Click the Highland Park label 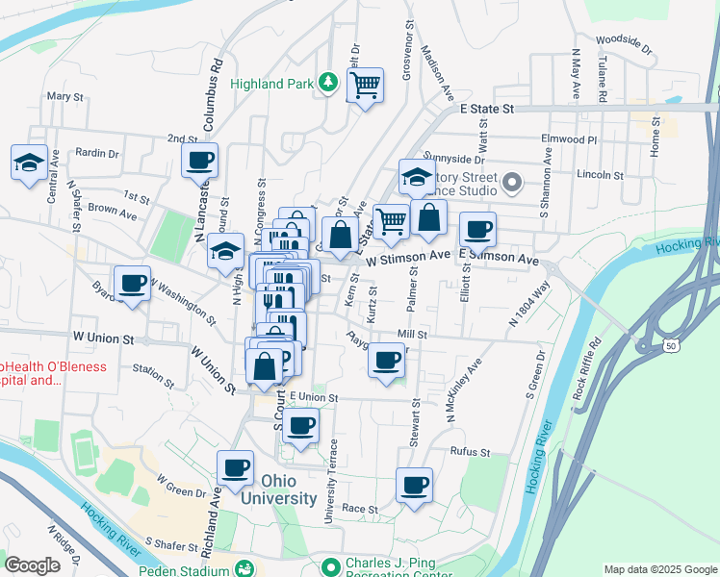[x=272, y=84]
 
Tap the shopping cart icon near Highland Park [x=365, y=87]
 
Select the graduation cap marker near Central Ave [x=30, y=163]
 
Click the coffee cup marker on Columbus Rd [x=199, y=162]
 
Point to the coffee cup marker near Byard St [x=132, y=285]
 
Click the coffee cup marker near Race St [x=415, y=486]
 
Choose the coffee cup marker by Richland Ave [x=235, y=469]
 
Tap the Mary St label [x=65, y=96]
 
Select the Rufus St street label [x=470, y=451]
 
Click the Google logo [x=33, y=565]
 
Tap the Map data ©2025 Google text [x=658, y=569]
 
